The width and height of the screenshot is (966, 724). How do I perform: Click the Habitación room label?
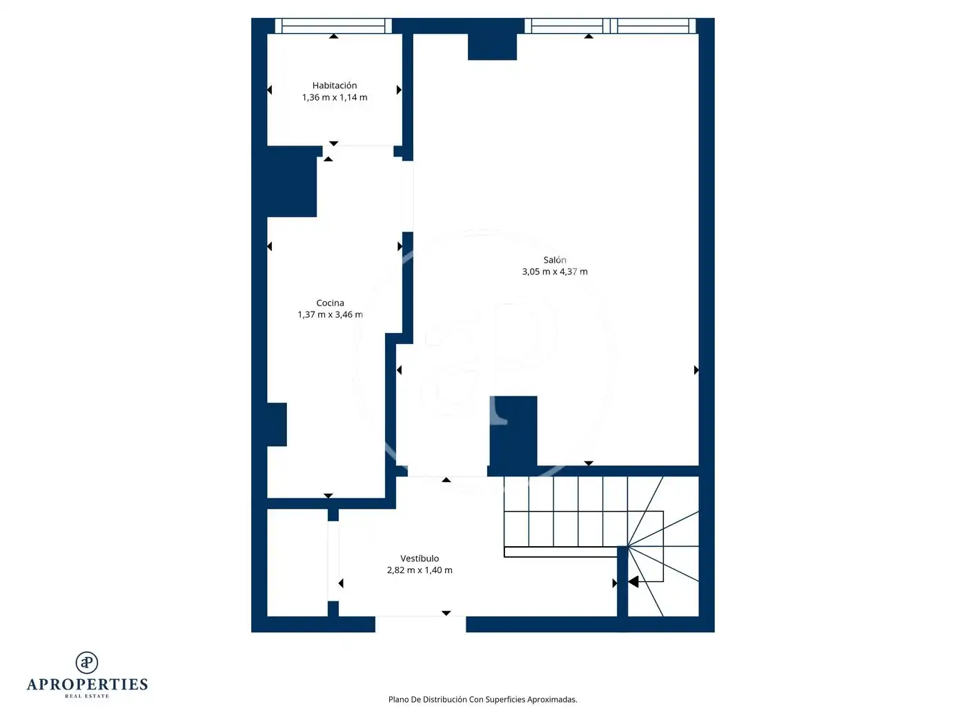click(335, 86)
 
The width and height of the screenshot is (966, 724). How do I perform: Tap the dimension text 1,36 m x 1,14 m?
click(335, 97)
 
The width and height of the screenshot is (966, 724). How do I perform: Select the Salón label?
click(555, 260)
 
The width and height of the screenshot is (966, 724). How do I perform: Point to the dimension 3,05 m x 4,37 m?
click(555, 272)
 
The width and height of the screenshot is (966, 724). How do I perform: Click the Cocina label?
click(330, 303)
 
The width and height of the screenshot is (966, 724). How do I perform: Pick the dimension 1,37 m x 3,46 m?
click(330, 314)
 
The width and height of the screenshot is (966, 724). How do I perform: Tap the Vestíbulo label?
click(420, 559)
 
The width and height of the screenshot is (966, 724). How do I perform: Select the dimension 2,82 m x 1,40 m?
click(420, 570)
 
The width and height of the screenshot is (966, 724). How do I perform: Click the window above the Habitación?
click(333, 26)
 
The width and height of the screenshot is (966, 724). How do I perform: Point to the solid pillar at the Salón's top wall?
click(492, 47)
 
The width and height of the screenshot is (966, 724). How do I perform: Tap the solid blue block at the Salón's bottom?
click(513, 431)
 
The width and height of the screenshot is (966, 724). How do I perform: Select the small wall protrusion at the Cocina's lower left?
click(277, 424)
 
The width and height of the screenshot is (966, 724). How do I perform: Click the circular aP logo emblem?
click(87, 663)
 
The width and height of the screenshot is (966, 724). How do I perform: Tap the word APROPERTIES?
click(87, 685)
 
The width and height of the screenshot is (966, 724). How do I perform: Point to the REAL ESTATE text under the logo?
click(87, 696)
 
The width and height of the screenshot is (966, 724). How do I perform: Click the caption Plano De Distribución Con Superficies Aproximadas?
click(483, 699)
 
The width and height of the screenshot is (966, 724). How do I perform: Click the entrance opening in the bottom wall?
click(420, 624)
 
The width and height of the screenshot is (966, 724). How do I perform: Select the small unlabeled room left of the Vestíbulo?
click(297, 563)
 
